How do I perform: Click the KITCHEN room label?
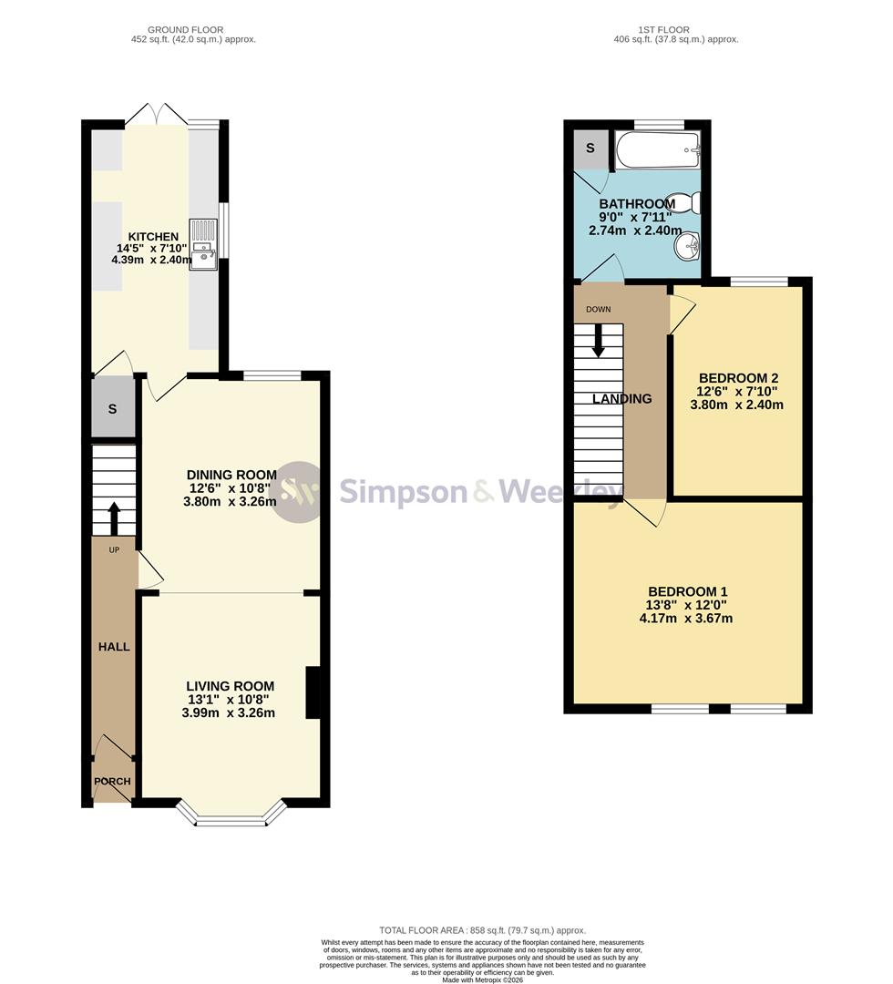pyautogui.click(x=153, y=237)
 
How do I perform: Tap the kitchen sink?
pyautogui.click(x=203, y=245)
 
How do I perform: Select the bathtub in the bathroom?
pyautogui.click(x=657, y=150)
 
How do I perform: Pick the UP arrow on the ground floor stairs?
pyautogui.click(x=114, y=518)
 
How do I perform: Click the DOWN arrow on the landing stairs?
pyautogui.click(x=598, y=340)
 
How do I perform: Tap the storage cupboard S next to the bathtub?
pyautogui.click(x=590, y=149)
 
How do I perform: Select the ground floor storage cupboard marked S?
pyautogui.click(x=113, y=408)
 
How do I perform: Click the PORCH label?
pyautogui.click(x=112, y=782)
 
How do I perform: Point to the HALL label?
pyautogui.click(x=114, y=646)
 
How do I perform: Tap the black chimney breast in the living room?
pyautogui.click(x=313, y=692)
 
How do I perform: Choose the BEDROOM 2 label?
pyautogui.click(x=739, y=378)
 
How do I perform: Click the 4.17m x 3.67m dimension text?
pyautogui.click(x=686, y=618)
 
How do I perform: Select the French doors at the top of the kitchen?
pyautogui.click(x=157, y=114)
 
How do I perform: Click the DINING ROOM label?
pyautogui.click(x=231, y=475)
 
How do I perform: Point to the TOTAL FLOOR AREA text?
pyautogui.click(x=483, y=930)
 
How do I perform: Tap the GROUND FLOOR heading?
pyautogui.click(x=186, y=29)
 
